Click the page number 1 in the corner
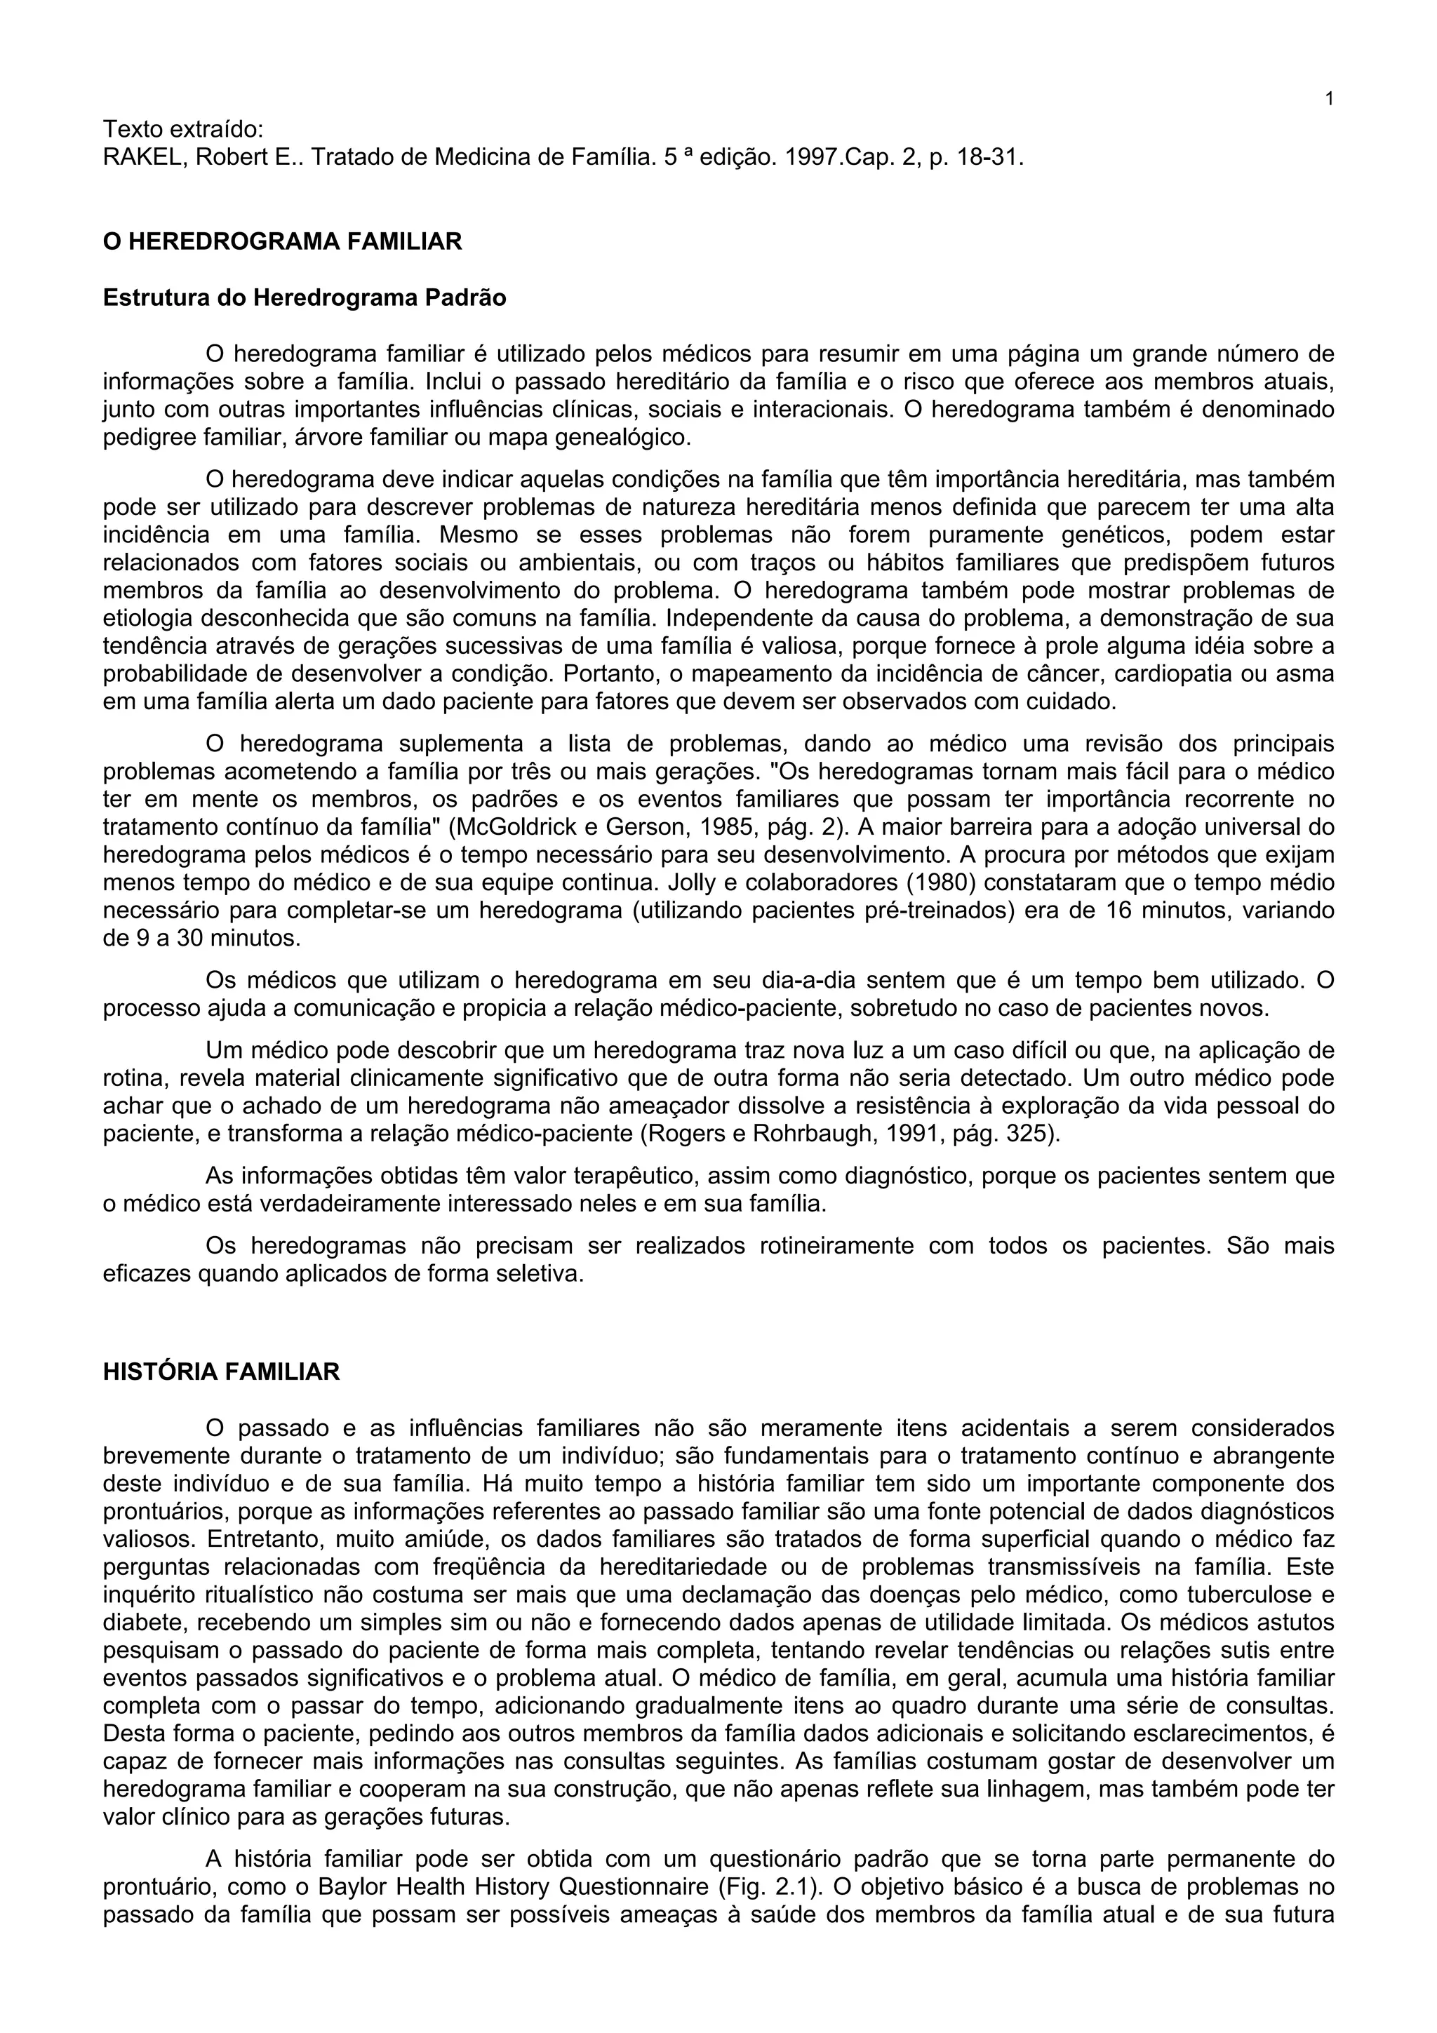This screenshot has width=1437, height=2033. (x=1329, y=98)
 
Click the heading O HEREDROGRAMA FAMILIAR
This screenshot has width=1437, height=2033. (x=283, y=242)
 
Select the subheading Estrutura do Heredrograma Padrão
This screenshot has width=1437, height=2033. (x=305, y=297)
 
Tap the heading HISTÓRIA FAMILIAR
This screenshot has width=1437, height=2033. (x=221, y=1371)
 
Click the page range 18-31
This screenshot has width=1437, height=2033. (x=990, y=158)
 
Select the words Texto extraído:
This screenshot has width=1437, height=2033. (x=183, y=129)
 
